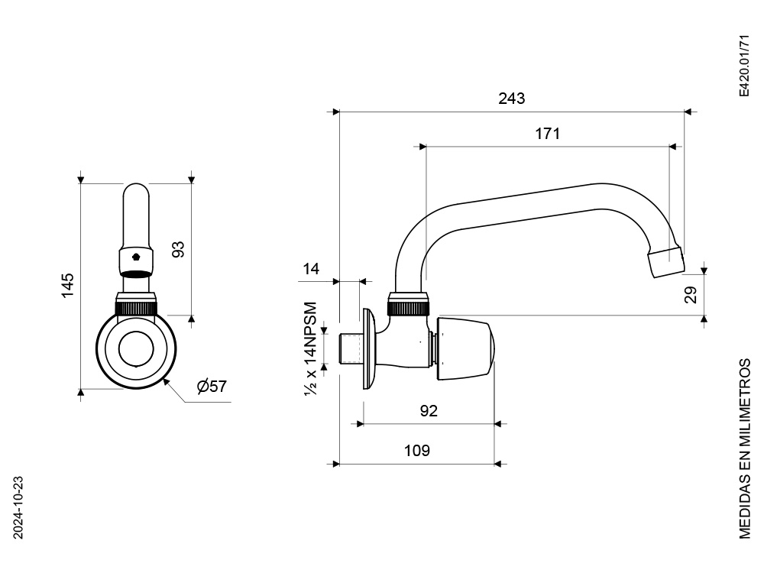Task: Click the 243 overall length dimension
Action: click(511, 99)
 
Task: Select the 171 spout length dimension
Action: click(547, 134)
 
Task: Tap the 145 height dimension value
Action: click(68, 284)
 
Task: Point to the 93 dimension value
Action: click(178, 250)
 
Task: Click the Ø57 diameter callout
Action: click(212, 387)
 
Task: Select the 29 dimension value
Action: click(691, 295)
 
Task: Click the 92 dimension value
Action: click(429, 411)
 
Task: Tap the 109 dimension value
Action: click(416, 451)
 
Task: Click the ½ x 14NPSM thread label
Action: click(311, 348)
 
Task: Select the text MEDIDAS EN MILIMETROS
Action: click(745, 446)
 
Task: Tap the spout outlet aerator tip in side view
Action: click(665, 262)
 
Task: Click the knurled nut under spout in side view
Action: click(410, 308)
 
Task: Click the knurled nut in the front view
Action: click(137, 308)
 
